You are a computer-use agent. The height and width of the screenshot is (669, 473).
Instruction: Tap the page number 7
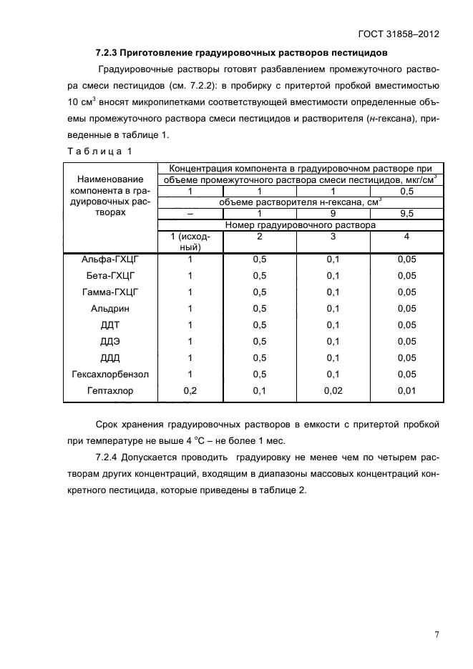pyautogui.click(x=437, y=634)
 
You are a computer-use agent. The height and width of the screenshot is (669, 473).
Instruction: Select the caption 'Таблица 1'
pyautogui.click(x=99, y=152)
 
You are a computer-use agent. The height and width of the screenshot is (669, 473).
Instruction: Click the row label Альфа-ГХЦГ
pyautogui.click(x=109, y=259)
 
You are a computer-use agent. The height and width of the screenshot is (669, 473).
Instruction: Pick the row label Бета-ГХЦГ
pyautogui.click(x=109, y=275)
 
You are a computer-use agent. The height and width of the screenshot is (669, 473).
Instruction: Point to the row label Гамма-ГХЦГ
pyautogui.click(x=109, y=292)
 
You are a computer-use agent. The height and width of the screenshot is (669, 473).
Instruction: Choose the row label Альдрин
pyautogui.click(x=109, y=308)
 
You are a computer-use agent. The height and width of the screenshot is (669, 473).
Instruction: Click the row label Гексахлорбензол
pyautogui.click(x=109, y=374)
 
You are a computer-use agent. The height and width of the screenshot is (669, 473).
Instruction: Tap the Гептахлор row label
pyautogui.click(x=109, y=391)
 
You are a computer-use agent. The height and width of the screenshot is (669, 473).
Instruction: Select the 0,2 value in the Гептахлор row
pyautogui.click(x=190, y=391)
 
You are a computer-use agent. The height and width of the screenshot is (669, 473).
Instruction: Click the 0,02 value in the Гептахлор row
pyautogui.click(x=333, y=391)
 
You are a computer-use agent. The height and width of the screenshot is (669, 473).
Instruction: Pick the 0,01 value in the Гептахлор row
pyautogui.click(x=406, y=391)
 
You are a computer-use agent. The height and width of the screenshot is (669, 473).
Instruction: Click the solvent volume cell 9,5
pyautogui.click(x=406, y=213)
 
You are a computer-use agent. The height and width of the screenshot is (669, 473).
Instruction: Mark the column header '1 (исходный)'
pyautogui.click(x=190, y=241)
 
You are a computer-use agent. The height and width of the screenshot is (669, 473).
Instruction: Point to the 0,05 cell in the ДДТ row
pyautogui.click(x=406, y=324)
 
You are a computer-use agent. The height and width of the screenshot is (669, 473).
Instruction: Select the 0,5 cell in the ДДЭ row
pyautogui.click(x=260, y=341)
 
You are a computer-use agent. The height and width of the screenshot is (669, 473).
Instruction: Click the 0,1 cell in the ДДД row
pyautogui.click(x=333, y=357)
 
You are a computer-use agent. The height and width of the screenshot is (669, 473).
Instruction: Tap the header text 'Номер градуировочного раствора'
pyautogui.click(x=299, y=224)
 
